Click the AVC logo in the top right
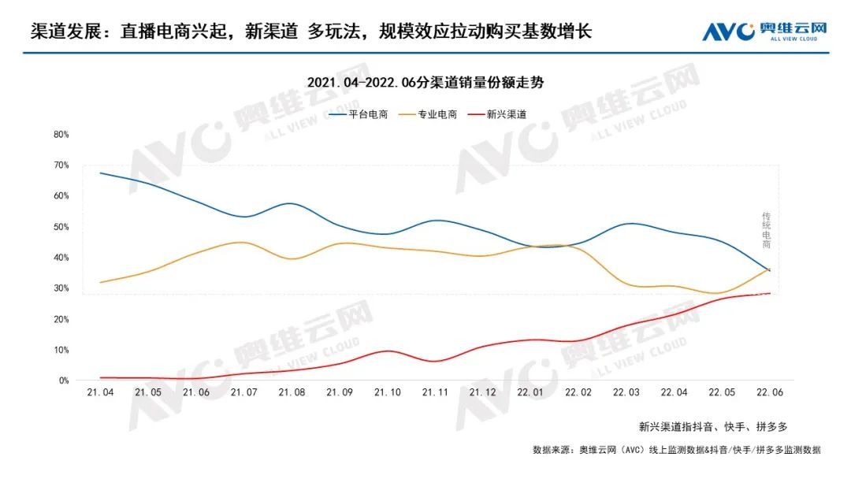[x=764, y=32]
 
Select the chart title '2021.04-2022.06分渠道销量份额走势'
[x=425, y=82]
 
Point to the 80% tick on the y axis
[x=61, y=135]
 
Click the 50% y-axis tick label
[x=61, y=227]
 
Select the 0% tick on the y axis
[x=63, y=381]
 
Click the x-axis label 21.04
[x=101, y=392]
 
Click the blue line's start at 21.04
[x=101, y=173]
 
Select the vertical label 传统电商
[x=766, y=230]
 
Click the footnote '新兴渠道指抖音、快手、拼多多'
[x=713, y=426]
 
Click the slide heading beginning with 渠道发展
[x=310, y=32]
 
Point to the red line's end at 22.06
[x=769, y=293]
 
